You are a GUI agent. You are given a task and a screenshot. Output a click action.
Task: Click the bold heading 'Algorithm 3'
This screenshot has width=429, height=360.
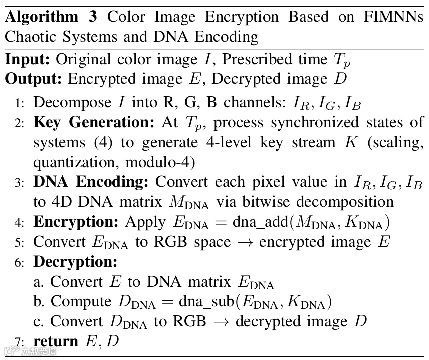click(42, 17)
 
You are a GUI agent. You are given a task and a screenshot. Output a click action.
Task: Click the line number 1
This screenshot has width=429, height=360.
click(18, 103)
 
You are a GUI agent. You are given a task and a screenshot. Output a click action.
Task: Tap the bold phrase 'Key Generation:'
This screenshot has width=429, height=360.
click(95, 123)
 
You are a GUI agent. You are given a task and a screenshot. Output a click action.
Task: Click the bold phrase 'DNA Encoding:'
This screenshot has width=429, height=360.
click(92, 183)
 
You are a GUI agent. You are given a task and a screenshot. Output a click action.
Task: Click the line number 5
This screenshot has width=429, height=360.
click(18, 242)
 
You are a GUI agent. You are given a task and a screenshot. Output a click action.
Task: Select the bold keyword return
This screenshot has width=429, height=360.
click(55, 341)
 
